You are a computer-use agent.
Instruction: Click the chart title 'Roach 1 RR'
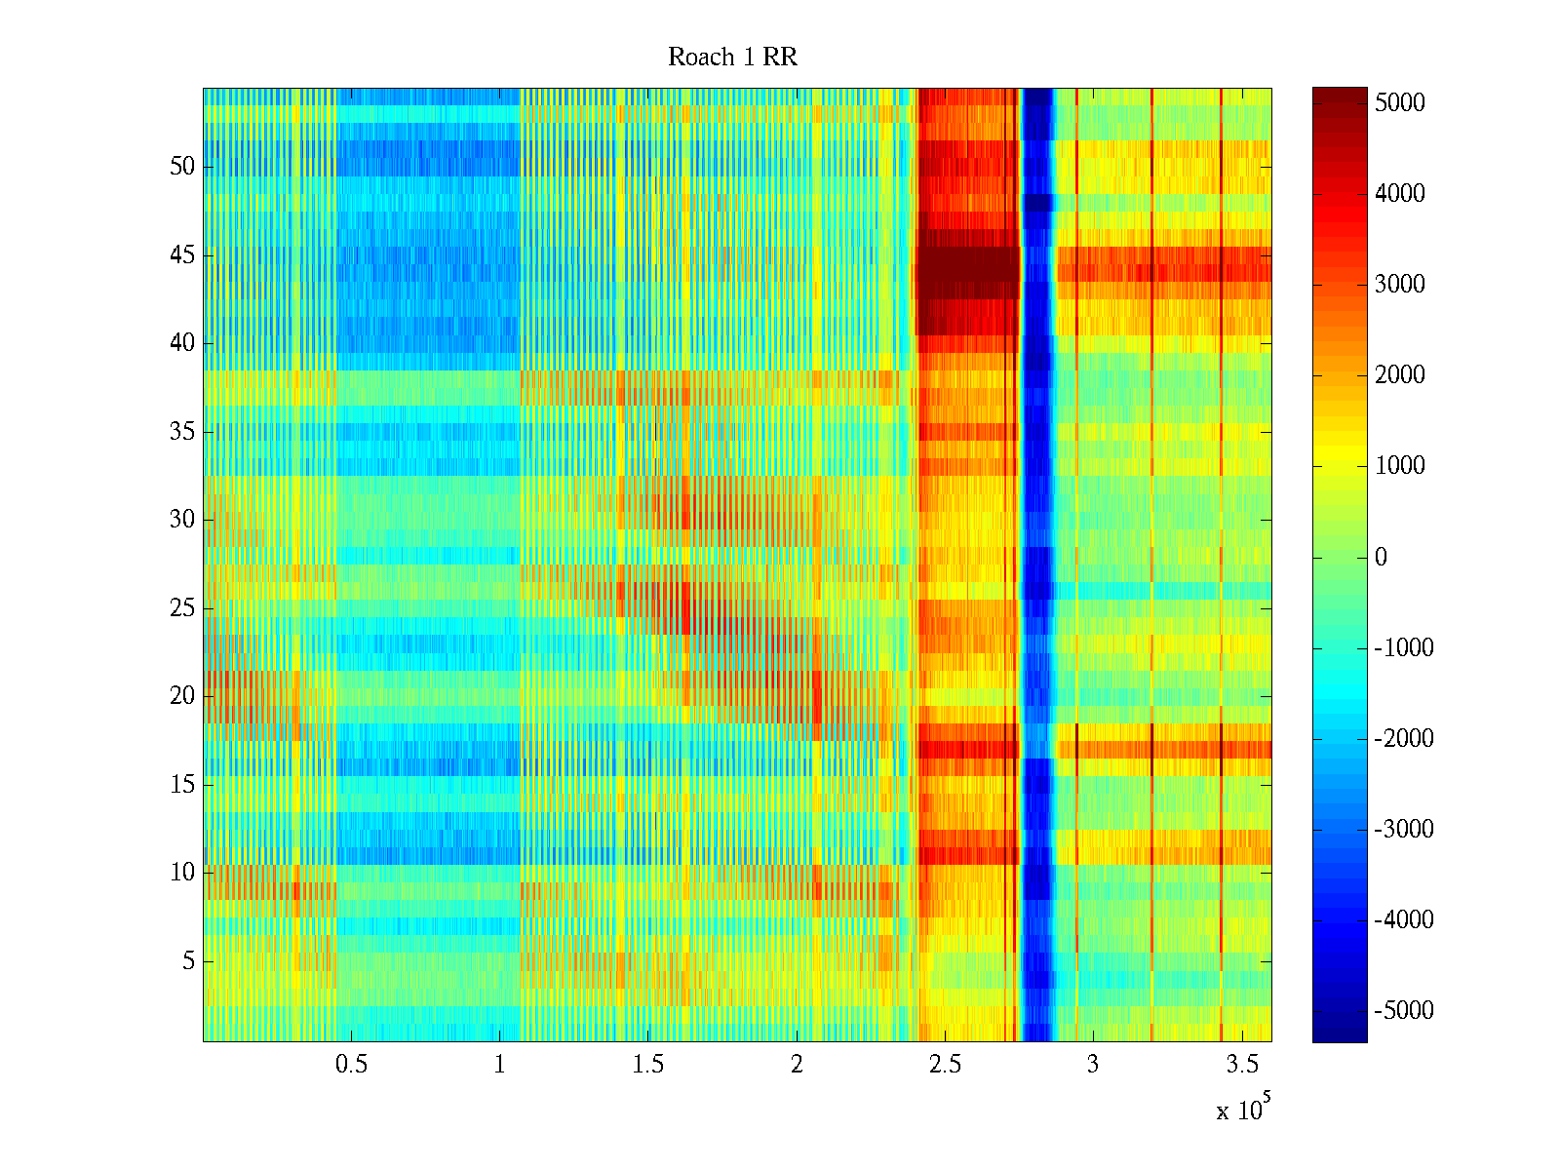pos(732,58)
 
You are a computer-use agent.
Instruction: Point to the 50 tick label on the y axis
pos(182,167)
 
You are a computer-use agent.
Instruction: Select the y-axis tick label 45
pos(182,255)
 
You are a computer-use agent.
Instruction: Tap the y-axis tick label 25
pos(182,608)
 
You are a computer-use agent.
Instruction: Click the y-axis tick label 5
pos(188,961)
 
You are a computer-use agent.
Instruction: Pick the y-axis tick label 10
pos(182,873)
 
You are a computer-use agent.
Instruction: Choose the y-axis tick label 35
pos(182,432)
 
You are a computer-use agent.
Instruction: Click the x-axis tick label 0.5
pos(351,1065)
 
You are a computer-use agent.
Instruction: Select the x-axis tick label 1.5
pos(647,1065)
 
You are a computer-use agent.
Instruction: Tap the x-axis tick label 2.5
pos(945,1065)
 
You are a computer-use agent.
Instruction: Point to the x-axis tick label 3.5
pos(1241,1065)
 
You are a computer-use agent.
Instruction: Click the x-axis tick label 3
pos(1093,1065)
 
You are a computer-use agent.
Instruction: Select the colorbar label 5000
pos(1400,103)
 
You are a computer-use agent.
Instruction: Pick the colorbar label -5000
pos(1404,1011)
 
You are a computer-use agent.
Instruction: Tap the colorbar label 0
pos(1381,558)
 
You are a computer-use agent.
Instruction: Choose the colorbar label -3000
pos(1404,830)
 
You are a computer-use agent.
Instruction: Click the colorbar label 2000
pos(1400,375)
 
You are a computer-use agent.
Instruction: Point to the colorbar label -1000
pos(1404,648)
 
